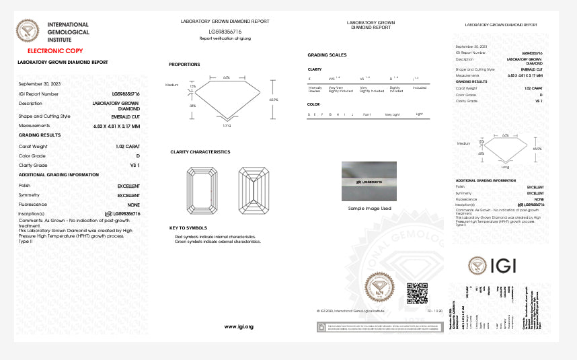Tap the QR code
[417, 293]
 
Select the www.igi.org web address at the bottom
[239, 326]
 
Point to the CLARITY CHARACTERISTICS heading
[200, 152]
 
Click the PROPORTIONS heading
[184, 65]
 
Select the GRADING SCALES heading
[327, 55]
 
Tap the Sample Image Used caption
[369, 209]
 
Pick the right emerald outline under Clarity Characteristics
[253, 190]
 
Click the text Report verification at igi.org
[225, 38]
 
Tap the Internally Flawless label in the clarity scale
[315, 89]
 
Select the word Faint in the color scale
[367, 115]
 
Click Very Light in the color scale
[391, 115]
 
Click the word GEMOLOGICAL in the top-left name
[68, 32]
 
